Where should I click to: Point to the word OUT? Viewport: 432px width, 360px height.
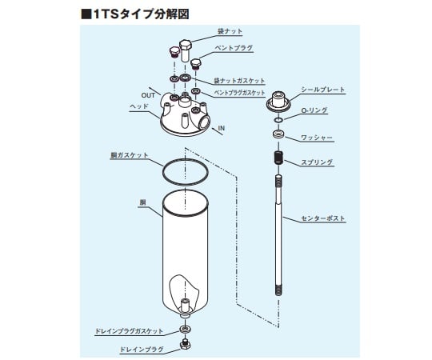click(x=148, y=95)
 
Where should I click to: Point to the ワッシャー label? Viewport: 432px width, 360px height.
click(x=317, y=138)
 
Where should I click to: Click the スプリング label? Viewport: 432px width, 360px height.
click(x=318, y=162)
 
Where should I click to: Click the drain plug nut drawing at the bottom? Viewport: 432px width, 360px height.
click(x=185, y=345)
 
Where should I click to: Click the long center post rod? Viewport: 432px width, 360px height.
click(x=278, y=240)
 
